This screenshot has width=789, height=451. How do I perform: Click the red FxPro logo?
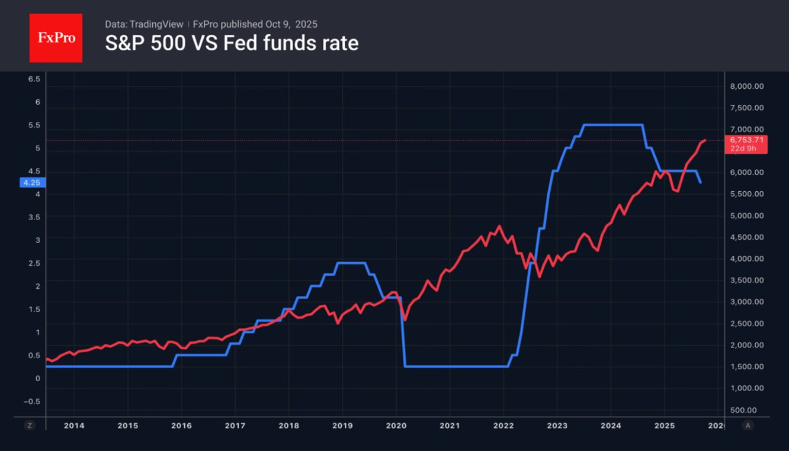tap(56, 38)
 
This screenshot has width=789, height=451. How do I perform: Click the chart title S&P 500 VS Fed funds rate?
tap(232, 43)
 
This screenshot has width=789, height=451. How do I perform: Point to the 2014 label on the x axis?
tap(73, 425)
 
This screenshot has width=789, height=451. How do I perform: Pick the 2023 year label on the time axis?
tap(557, 425)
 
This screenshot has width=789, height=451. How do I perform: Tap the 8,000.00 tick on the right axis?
tap(747, 86)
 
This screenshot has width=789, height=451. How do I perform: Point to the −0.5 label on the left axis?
tap(34, 401)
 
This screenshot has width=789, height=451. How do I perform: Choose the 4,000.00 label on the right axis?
tap(747, 259)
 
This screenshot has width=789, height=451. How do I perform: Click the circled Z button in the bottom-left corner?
tap(29, 425)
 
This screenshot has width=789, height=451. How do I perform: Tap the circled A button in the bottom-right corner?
tap(749, 425)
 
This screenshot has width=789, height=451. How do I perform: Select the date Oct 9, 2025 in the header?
tap(292, 24)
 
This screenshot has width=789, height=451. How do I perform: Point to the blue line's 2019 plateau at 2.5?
tap(351, 263)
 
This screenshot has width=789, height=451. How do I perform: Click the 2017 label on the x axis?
tap(235, 425)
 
